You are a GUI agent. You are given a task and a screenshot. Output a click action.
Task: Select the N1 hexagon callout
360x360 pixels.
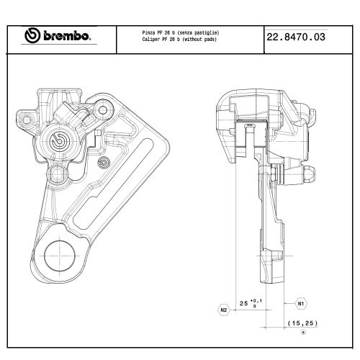301,303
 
